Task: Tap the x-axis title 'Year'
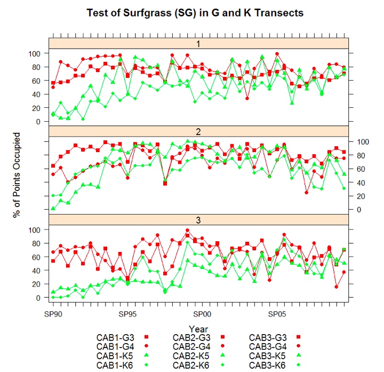point(198,329)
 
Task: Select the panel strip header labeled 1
point(198,43)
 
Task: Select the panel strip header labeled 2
point(198,131)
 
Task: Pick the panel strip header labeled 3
point(198,220)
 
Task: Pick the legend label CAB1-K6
point(115,365)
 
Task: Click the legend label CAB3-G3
point(269,337)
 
